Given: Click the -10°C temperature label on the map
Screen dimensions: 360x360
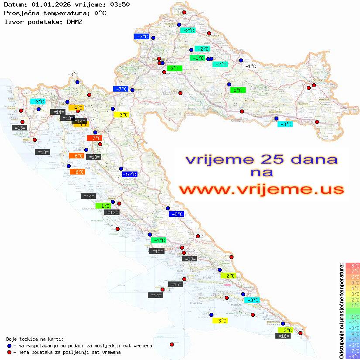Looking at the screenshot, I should (x=130, y=175).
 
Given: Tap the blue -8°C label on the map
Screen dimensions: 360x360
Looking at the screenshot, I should (x=177, y=214).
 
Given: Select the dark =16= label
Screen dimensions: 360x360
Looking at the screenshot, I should (x=284, y=336).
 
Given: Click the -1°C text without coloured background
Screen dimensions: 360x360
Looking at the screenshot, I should (x=250, y=66).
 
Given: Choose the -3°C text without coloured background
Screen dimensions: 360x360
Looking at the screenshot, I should (x=73, y=75).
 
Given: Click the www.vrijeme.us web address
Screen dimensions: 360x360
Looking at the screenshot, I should (x=261, y=189).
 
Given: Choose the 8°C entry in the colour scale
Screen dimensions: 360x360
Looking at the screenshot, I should (x=353, y=266).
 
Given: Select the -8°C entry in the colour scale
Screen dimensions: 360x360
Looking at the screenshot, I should (x=353, y=357).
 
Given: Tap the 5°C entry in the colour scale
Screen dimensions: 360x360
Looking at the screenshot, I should (x=353, y=283).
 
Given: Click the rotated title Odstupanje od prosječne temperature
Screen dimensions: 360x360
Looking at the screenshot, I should (x=342, y=311).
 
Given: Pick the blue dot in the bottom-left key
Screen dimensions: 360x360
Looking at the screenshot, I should (x=9, y=346).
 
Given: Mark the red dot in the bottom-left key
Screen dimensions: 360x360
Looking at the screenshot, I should (x=9, y=352).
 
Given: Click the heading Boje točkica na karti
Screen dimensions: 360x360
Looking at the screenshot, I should (x=35, y=339).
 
